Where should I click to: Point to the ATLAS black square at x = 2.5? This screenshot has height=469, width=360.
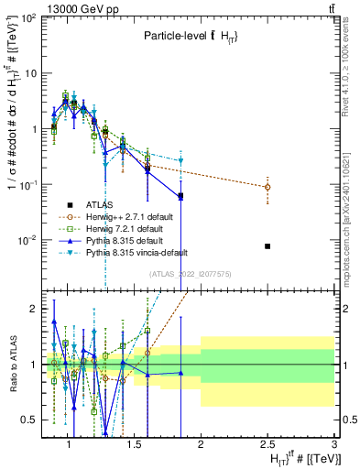[x=267, y=246]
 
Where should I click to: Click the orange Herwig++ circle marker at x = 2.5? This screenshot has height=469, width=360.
[x=267, y=187]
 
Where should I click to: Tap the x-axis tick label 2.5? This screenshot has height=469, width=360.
[x=267, y=445]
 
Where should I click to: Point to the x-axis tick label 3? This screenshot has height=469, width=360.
[x=333, y=445]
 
